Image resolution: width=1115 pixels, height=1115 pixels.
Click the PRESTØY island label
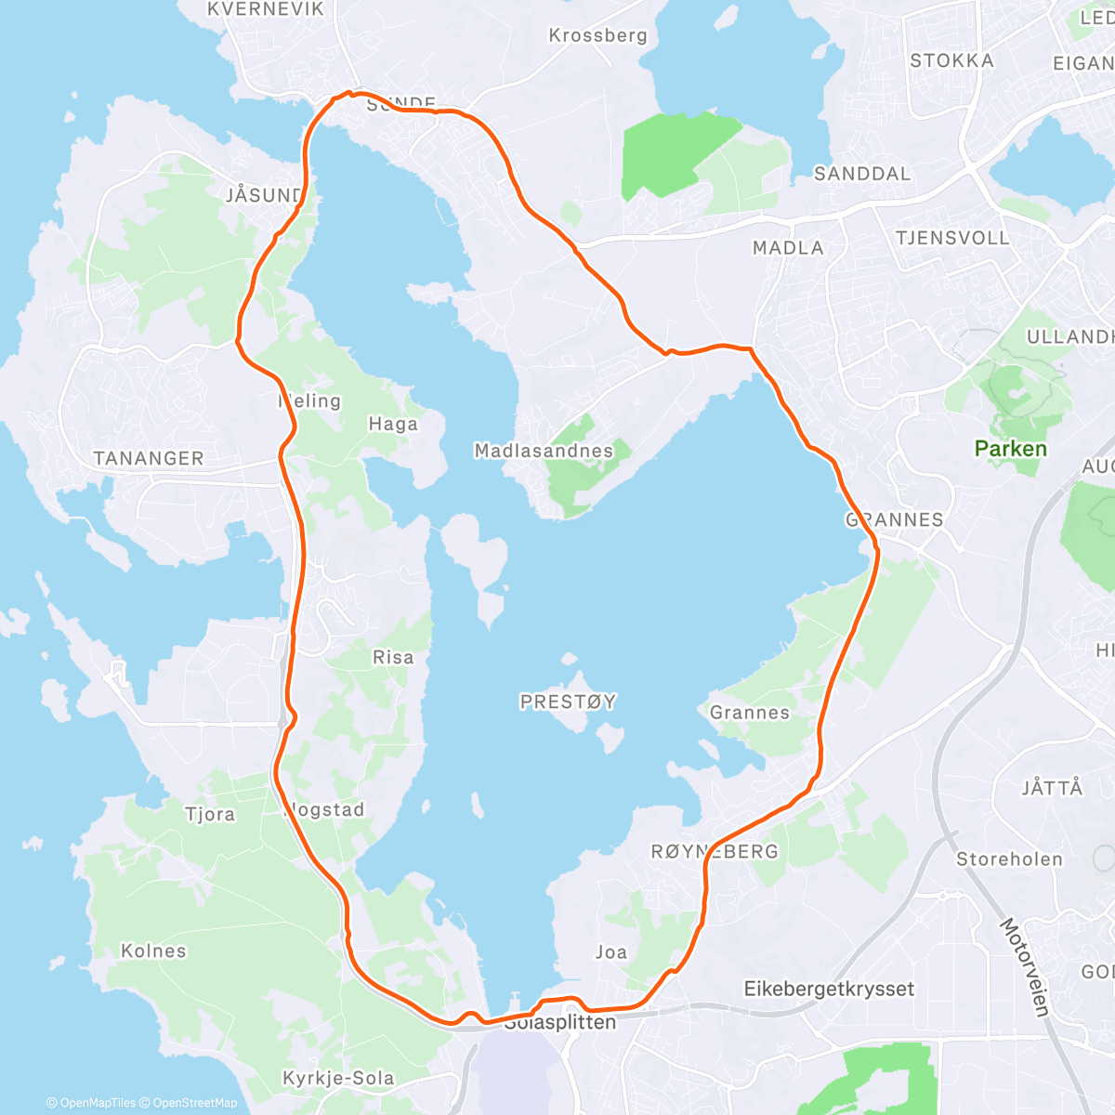[x=568, y=702]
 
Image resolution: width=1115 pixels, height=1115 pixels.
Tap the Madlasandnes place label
[x=544, y=451]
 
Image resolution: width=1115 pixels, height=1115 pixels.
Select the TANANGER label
[x=148, y=458]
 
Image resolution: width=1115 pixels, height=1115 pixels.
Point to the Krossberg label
[x=597, y=35]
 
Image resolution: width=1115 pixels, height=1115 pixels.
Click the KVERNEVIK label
[x=266, y=9]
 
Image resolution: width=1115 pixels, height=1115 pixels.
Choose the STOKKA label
[x=951, y=60]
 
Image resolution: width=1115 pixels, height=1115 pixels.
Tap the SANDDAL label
[x=862, y=174]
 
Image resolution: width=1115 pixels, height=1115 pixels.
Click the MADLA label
[x=788, y=248]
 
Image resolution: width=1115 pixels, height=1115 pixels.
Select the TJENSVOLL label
[x=952, y=238]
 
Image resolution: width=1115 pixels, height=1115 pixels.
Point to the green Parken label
[x=1010, y=449]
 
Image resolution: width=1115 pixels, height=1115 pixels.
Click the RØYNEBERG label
[x=715, y=851]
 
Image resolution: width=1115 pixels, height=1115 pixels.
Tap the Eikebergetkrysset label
[x=829, y=989]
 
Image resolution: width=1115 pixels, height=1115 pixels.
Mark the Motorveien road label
[x=1024, y=966]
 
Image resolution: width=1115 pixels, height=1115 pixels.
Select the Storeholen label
[x=1009, y=859]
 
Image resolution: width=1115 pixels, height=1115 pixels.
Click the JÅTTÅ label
[x=1052, y=788]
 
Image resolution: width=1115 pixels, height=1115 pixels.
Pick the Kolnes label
[x=153, y=951]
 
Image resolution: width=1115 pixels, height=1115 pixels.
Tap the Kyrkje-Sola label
[x=338, y=1078]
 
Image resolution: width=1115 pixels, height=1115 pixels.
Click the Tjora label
[x=210, y=815]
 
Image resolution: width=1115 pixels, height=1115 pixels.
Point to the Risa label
[x=393, y=657]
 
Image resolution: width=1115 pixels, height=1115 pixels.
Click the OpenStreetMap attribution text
[x=194, y=1103]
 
